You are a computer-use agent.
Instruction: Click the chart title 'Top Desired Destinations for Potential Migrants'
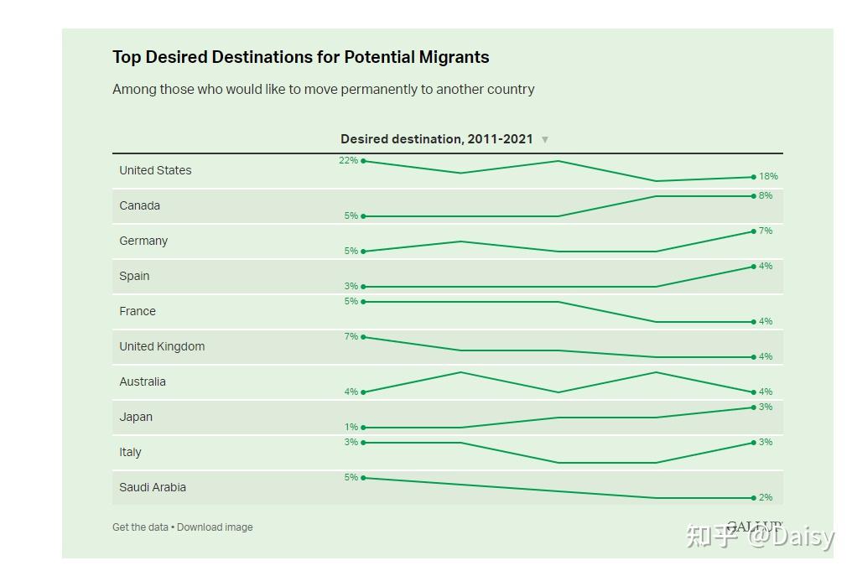click(300, 57)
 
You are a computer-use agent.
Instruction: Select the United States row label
click(155, 170)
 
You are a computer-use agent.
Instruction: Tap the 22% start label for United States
click(348, 160)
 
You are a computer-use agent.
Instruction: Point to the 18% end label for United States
click(768, 176)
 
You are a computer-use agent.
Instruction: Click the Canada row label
click(139, 205)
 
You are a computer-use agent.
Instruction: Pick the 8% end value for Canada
click(766, 195)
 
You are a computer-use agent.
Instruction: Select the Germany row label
click(143, 241)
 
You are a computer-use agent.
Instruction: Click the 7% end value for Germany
click(766, 231)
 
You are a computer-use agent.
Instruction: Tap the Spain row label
click(134, 276)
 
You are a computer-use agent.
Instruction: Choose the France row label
click(138, 311)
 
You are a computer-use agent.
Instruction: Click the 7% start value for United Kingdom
click(351, 336)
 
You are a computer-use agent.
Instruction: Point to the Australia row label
click(143, 381)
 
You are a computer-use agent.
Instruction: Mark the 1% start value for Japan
click(351, 427)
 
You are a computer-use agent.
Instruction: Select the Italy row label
click(130, 452)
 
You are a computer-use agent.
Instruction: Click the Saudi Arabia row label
click(153, 487)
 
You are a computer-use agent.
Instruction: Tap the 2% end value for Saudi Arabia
click(766, 497)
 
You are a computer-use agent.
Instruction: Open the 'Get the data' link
click(140, 527)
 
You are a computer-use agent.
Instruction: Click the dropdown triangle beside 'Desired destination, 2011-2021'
click(545, 140)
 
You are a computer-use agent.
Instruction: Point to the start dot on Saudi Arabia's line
click(363, 478)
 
